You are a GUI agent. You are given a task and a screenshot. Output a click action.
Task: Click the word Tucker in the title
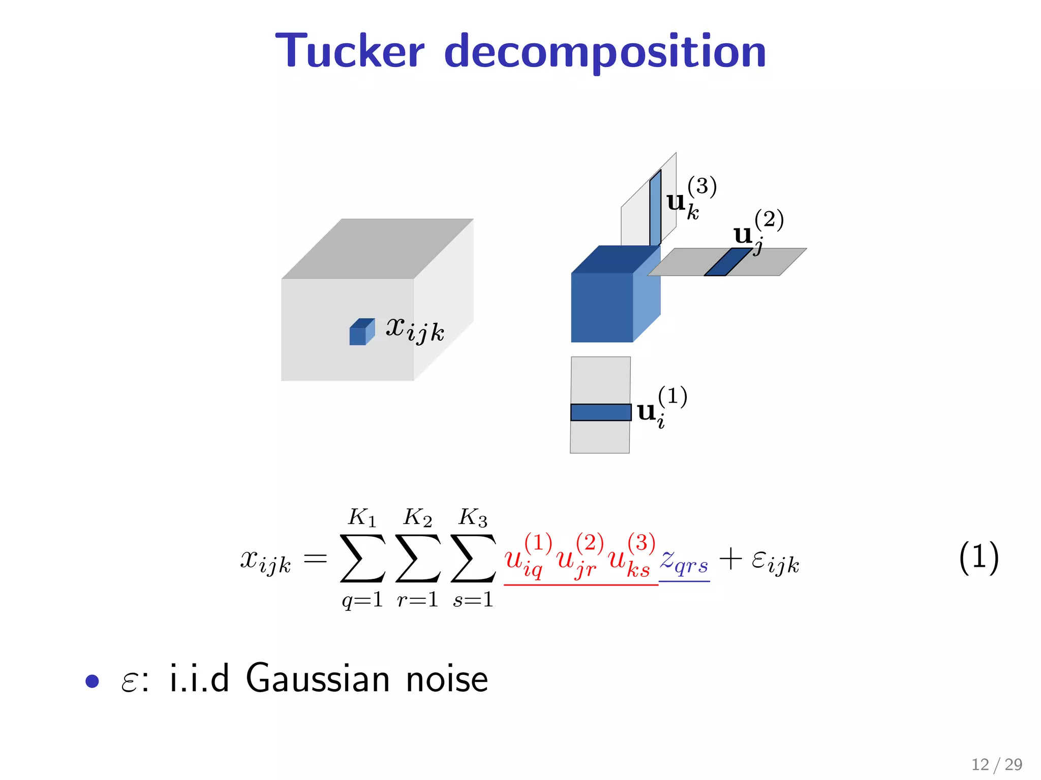point(350,51)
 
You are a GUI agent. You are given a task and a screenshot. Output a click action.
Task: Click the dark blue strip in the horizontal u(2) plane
point(727,262)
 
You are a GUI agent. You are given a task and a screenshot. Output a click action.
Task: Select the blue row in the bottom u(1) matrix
point(600,412)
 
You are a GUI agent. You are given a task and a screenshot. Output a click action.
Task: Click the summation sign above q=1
point(362,558)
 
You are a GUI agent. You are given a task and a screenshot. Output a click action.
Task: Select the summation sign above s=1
point(473,558)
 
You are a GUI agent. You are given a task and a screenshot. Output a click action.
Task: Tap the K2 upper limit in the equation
point(417,518)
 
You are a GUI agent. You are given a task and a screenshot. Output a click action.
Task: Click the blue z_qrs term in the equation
point(684,563)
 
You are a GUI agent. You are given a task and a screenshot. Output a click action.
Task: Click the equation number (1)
point(978,558)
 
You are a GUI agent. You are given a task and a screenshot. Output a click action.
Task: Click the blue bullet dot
point(92,681)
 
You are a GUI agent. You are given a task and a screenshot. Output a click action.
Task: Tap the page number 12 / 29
point(996,764)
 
